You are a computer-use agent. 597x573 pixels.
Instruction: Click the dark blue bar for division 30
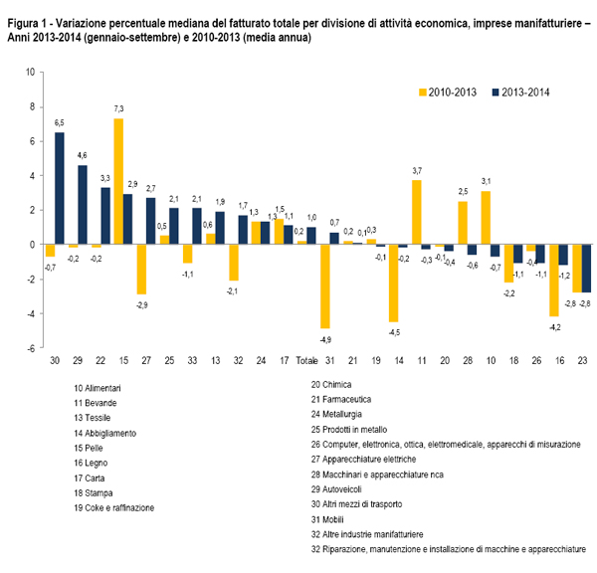[x=60, y=188]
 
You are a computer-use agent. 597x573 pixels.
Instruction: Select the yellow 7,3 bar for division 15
[x=118, y=181]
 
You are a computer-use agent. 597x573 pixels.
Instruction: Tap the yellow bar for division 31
[x=325, y=286]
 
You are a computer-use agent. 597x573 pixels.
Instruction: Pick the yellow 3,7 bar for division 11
[x=417, y=212]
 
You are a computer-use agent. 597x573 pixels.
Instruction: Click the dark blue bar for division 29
[x=83, y=205]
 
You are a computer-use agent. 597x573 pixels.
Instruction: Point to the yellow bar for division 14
[x=394, y=283]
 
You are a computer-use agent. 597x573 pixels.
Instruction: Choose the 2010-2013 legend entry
[x=448, y=93]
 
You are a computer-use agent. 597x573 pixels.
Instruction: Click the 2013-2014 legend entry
[x=520, y=93]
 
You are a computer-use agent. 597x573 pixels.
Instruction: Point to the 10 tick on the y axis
[x=30, y=72]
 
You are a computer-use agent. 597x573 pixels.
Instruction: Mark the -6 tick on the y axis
[x=31, y=348]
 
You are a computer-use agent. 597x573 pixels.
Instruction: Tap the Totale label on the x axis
[x=306, y=360]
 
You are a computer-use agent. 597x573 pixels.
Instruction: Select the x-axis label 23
[x=582, y=360]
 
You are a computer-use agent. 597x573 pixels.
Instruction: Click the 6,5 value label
[x=60, y=123]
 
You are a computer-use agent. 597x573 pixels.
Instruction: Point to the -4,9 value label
[x=325, y=339]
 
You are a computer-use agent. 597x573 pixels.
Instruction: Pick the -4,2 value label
[x=555, y=327]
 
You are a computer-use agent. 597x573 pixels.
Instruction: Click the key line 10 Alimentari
[x=98, y=388]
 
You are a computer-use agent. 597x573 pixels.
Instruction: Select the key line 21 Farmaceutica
[x=341, y=399]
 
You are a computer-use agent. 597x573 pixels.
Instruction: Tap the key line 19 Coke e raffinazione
[x=114, y=508]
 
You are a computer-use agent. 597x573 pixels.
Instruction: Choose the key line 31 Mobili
[x=327, y=519]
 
